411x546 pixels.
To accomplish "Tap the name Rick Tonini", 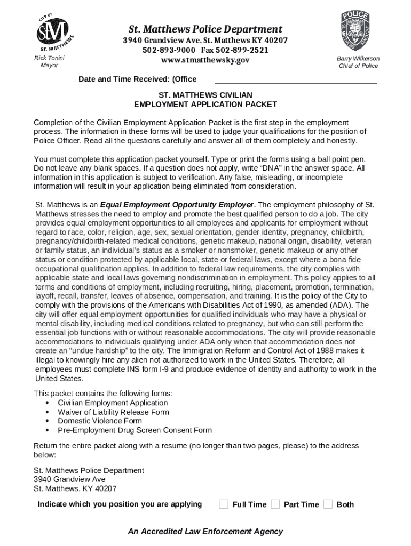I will click(x=49, y=58).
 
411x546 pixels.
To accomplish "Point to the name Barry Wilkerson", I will click(x=358, y=58).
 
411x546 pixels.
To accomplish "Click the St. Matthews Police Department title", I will click(x=205, y=29).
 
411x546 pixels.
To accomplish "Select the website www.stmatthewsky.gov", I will click(x=205, y=60).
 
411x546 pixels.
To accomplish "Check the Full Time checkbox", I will click(x=224, y=504).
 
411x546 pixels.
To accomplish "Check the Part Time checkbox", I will click(x=275, y=504).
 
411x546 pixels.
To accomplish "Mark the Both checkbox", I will click(x=328, y=504).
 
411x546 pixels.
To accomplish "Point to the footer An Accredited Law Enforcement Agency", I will click(x=205, y=531).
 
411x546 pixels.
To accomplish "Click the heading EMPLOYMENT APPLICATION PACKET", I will click(x=205, y=104).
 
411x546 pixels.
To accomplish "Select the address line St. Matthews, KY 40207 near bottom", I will click(x=75, y=488).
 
